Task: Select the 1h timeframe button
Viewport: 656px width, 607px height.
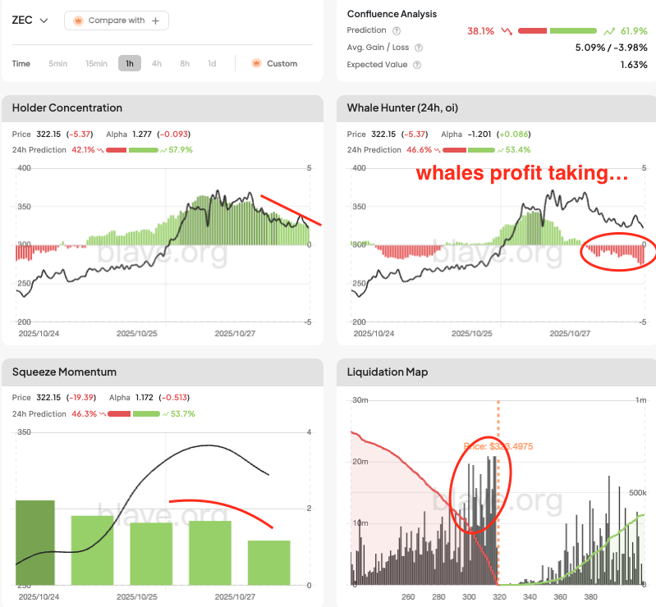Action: click(x=130, y=63)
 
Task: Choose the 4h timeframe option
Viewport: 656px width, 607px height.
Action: click(x=157, y=63)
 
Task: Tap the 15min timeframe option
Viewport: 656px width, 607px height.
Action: click(x=97, y=63)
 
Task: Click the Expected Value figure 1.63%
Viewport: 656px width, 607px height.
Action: click(x=633, y=65)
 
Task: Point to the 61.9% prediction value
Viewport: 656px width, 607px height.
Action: click(x=633, y=30)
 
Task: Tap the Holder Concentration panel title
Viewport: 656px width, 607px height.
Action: click(x=67, y=107)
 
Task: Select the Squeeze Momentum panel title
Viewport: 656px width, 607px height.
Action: click(x=64, y=372)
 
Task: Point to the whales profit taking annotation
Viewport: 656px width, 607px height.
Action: click(x=522, y=174)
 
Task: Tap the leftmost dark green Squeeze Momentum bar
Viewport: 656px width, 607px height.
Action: click(x=35, y=542)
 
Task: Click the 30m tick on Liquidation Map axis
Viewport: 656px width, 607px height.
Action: click(x=358, y=400)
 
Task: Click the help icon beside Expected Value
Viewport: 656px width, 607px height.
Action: click(x=417, y=65)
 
